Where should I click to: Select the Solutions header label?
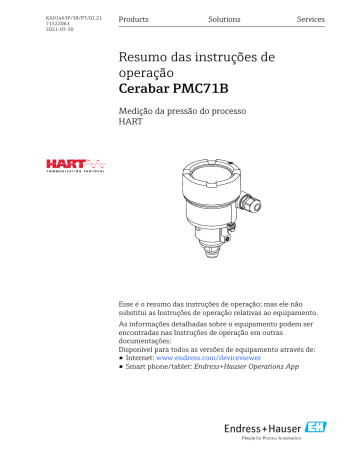click(x=224, y=20)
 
